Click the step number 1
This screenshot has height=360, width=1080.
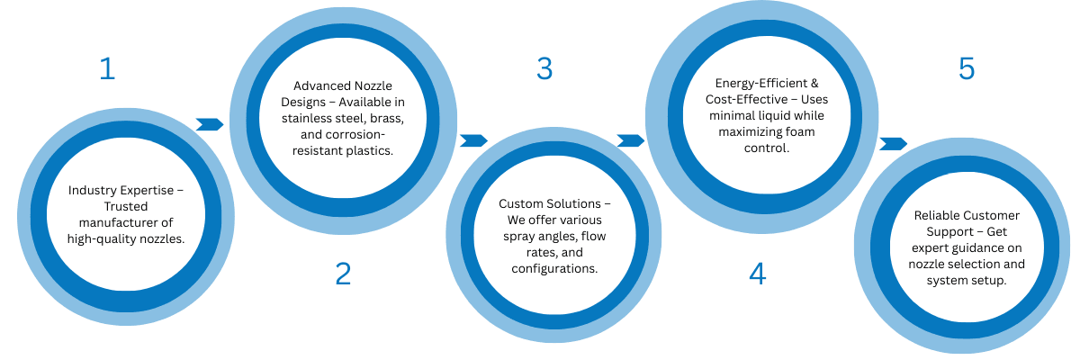click(107, 69)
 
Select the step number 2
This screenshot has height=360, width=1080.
click(343, 274)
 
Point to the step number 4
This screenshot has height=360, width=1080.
click(758, 274)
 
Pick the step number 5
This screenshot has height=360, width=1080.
click(967, 69)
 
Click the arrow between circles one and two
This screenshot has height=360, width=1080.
click(209, 124)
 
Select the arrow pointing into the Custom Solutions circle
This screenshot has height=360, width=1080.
click(473, 140)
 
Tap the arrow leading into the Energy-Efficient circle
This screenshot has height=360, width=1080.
click(631, 140)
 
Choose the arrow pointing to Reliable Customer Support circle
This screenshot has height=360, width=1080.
click(893, 143)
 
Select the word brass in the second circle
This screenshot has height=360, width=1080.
click(384, 118)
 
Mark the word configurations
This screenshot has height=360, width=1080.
click(554, 268)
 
